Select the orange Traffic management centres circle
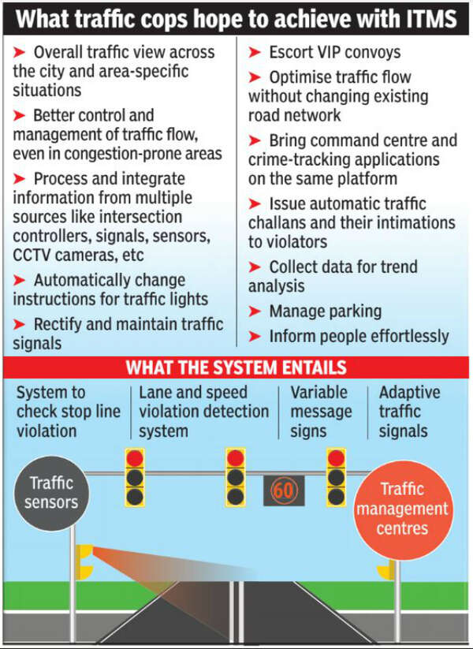(x=401, y=509)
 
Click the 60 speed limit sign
(x=283, y=490)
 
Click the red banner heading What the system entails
(x=236, y=367)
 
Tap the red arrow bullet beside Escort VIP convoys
(x=255, y=54)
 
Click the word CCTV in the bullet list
(x=35, y=254)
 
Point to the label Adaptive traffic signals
(x=410, y=411)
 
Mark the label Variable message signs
(x=321, y=411)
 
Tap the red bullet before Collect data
(x=255, y=267)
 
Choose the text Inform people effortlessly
(x=359, y=335)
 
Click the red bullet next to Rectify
(x=20, y=324)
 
